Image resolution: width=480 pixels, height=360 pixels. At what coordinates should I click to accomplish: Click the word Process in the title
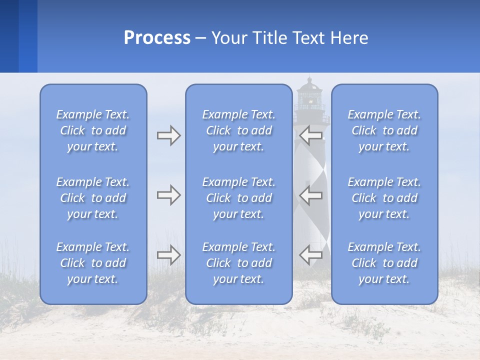(x=157, y=38)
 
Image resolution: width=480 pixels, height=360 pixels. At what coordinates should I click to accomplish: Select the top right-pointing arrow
(x=168, y=135)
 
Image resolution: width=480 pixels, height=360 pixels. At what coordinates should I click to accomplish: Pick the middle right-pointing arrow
(x=168, y=195)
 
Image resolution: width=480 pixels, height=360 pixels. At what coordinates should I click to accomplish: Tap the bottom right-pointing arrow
(x=168, y=255)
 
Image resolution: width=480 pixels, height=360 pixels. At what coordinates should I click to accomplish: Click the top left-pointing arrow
(x=310, y=134)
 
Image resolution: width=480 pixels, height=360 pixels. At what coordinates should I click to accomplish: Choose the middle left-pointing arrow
(x=310, y=195)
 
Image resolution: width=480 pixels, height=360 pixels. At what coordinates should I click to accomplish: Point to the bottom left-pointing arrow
(x=310, y=255)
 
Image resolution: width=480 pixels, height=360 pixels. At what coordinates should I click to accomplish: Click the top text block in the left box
(x=93, y=130)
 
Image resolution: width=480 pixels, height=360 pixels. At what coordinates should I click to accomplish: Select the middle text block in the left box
(x=93, y=198)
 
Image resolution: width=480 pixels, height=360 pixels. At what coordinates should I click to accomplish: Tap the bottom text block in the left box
(x=93, y=263)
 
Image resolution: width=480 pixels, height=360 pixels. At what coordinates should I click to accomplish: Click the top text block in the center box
(x=239, y=130)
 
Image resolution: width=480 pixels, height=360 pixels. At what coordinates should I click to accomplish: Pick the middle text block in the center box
(x=239, y=198)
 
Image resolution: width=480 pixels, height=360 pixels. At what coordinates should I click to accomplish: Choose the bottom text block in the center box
(x=239, y=263)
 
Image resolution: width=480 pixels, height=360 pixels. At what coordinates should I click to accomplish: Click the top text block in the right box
(x=384, y=130)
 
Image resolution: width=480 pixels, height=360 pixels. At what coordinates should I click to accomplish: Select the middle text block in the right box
(x=384, y=198)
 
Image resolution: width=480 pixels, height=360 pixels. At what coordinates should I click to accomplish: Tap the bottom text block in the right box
(x=384, y=263)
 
